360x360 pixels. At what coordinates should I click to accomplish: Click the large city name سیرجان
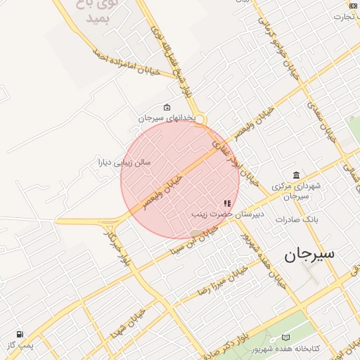[309, 255]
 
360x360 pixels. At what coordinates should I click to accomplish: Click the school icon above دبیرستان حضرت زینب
[227, 202]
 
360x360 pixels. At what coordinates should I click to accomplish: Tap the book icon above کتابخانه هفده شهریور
[285, 338]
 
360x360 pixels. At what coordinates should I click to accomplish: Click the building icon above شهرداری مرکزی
[296, 175]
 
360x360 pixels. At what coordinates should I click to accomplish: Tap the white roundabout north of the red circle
[200, 120]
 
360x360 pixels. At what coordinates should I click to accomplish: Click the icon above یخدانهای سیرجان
[167, 107]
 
